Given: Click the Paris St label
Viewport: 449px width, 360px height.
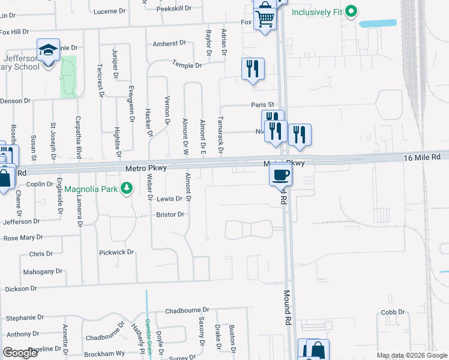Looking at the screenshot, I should pos(262,104).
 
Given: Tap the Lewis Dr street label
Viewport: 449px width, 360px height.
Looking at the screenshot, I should pos(169,199).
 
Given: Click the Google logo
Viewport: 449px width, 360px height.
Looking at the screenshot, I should pos(20,353).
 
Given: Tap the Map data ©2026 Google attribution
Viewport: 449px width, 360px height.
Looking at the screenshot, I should pos(411,355).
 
